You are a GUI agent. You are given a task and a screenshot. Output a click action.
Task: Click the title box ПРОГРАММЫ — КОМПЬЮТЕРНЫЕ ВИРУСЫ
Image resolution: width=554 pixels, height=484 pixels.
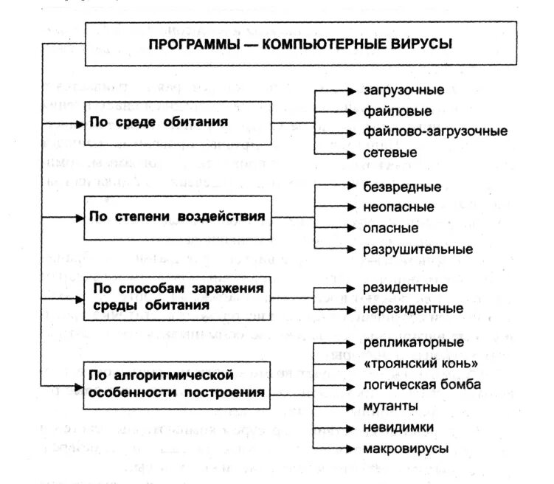pos(300,44)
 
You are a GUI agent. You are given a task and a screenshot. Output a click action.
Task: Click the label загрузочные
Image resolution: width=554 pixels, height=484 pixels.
pos(404,91)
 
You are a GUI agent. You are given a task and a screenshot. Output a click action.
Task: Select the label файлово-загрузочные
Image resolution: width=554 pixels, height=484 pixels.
pos(435,132)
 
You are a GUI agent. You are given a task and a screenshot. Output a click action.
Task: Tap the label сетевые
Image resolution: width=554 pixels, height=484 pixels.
pos(390,153)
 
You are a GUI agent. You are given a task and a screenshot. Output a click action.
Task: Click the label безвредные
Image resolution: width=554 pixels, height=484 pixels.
pos(402,187)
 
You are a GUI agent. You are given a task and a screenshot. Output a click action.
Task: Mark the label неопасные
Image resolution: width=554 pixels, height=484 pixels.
pos(398,207)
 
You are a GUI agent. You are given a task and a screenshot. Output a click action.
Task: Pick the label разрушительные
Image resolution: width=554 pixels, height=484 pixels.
pos(418,249)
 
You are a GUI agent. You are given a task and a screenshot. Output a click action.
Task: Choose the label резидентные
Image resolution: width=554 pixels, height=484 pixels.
pos(405,287)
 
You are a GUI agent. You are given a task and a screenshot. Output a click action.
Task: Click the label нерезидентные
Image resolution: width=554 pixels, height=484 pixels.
pos(413,308)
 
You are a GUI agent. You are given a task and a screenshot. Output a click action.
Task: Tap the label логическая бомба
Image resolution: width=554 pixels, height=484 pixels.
pos(422,385)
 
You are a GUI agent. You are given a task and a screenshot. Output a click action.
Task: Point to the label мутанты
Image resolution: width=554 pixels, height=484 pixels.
pos(391,407)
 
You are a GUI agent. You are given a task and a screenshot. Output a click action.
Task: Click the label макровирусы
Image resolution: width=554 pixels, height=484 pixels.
pos(404,449)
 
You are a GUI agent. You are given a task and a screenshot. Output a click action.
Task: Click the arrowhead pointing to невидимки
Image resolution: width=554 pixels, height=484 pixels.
pos(350,427)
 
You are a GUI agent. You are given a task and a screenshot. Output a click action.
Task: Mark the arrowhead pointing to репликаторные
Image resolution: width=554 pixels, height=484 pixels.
pos(350,343)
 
